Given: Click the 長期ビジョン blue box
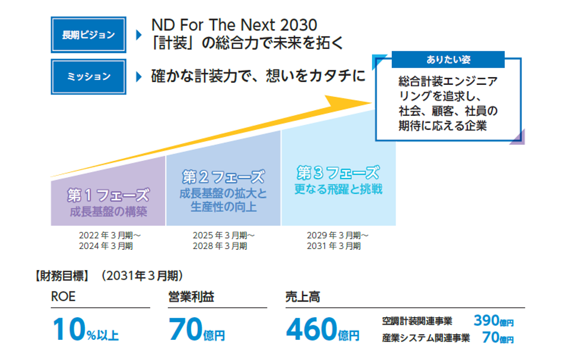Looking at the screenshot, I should click(88, 35).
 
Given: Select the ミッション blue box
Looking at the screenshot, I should click(88, 76).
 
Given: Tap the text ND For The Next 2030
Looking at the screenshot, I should click(234, 25).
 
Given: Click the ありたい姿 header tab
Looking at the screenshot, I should click(447, 60).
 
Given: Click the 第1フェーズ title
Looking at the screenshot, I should click(108, 195).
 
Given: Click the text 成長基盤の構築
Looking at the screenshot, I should click(108, 212).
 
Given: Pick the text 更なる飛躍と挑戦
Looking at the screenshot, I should click(338, 189).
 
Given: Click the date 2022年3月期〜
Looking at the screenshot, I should click(108, 235).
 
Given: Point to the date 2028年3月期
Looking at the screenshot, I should click(223, 246).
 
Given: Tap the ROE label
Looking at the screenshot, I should click(64, 297).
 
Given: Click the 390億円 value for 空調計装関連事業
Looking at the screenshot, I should click(493, 321).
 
